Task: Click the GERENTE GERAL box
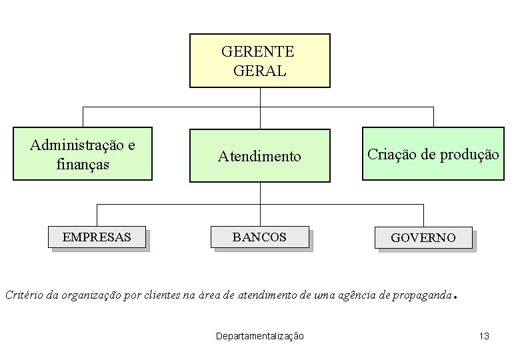click(259, 61)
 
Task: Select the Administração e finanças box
click(83, 154)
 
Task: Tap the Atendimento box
click(259, 156)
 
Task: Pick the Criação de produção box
click(433, 154)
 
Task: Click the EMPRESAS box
click(97, 237)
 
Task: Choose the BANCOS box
click(259, 237)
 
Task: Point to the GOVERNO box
click(423, 237)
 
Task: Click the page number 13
click(484, 336)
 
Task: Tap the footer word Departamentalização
click(260, 336)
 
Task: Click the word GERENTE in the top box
click(257, 52)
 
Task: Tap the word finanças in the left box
click(83, 163)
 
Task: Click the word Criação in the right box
click(391, 155)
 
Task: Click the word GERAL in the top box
click(260, 71)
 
